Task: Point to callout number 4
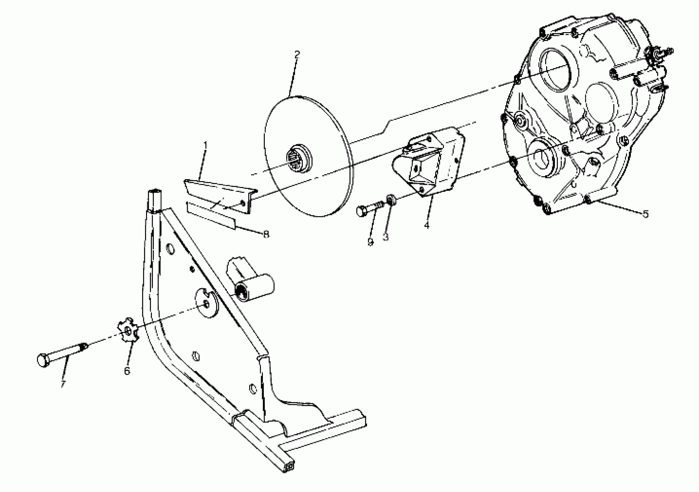pyautogui.click(x=427, y=225)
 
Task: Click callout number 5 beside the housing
pyautogui.click(x=645, y=214)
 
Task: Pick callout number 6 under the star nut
pyautogui.click(x=127, y=371)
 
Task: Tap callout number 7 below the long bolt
pyautogui.click(x=63, y=383)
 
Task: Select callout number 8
pyautogui.click(x=266, y=234)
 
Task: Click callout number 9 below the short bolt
pyautogui.click(x=370, y=242)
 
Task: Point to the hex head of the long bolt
pyautogui.click(x=43, y=361)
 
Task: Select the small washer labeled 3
pyautogui.click(x=391, y=200)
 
